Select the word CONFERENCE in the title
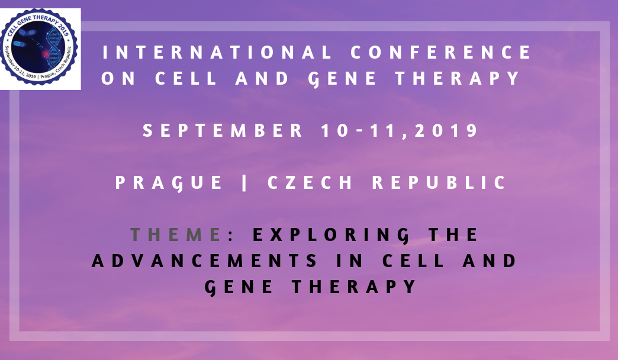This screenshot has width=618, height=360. [x=441, y=53]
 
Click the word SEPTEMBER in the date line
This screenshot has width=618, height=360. [x=223, y=130]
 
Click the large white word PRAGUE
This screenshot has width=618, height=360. [x=169, y=183]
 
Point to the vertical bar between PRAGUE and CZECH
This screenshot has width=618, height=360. [x=244, y=183]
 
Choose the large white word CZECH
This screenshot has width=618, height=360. [x=310, y=182]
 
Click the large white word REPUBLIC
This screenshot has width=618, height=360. [x=439, y=182]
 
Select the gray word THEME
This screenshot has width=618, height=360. [x=176, y=234]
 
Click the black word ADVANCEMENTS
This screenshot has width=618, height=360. [x=205, y=261]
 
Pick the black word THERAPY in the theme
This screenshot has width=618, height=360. [x=354, y=287]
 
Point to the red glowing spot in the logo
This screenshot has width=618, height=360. [x=45, y=53]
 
